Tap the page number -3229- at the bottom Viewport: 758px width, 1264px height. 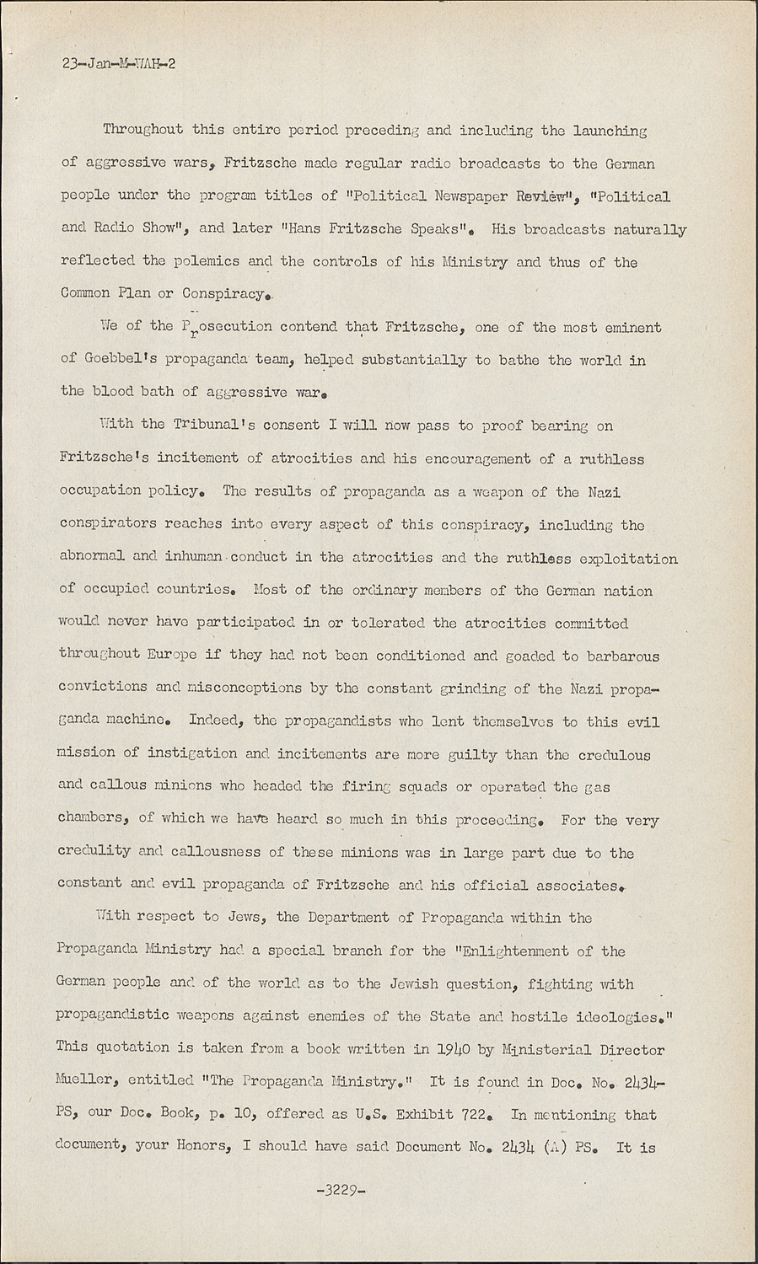point(336,1190)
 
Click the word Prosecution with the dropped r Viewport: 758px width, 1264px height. point(227,328)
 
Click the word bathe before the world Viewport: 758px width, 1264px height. point(518,360)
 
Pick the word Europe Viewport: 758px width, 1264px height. point(174,656)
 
